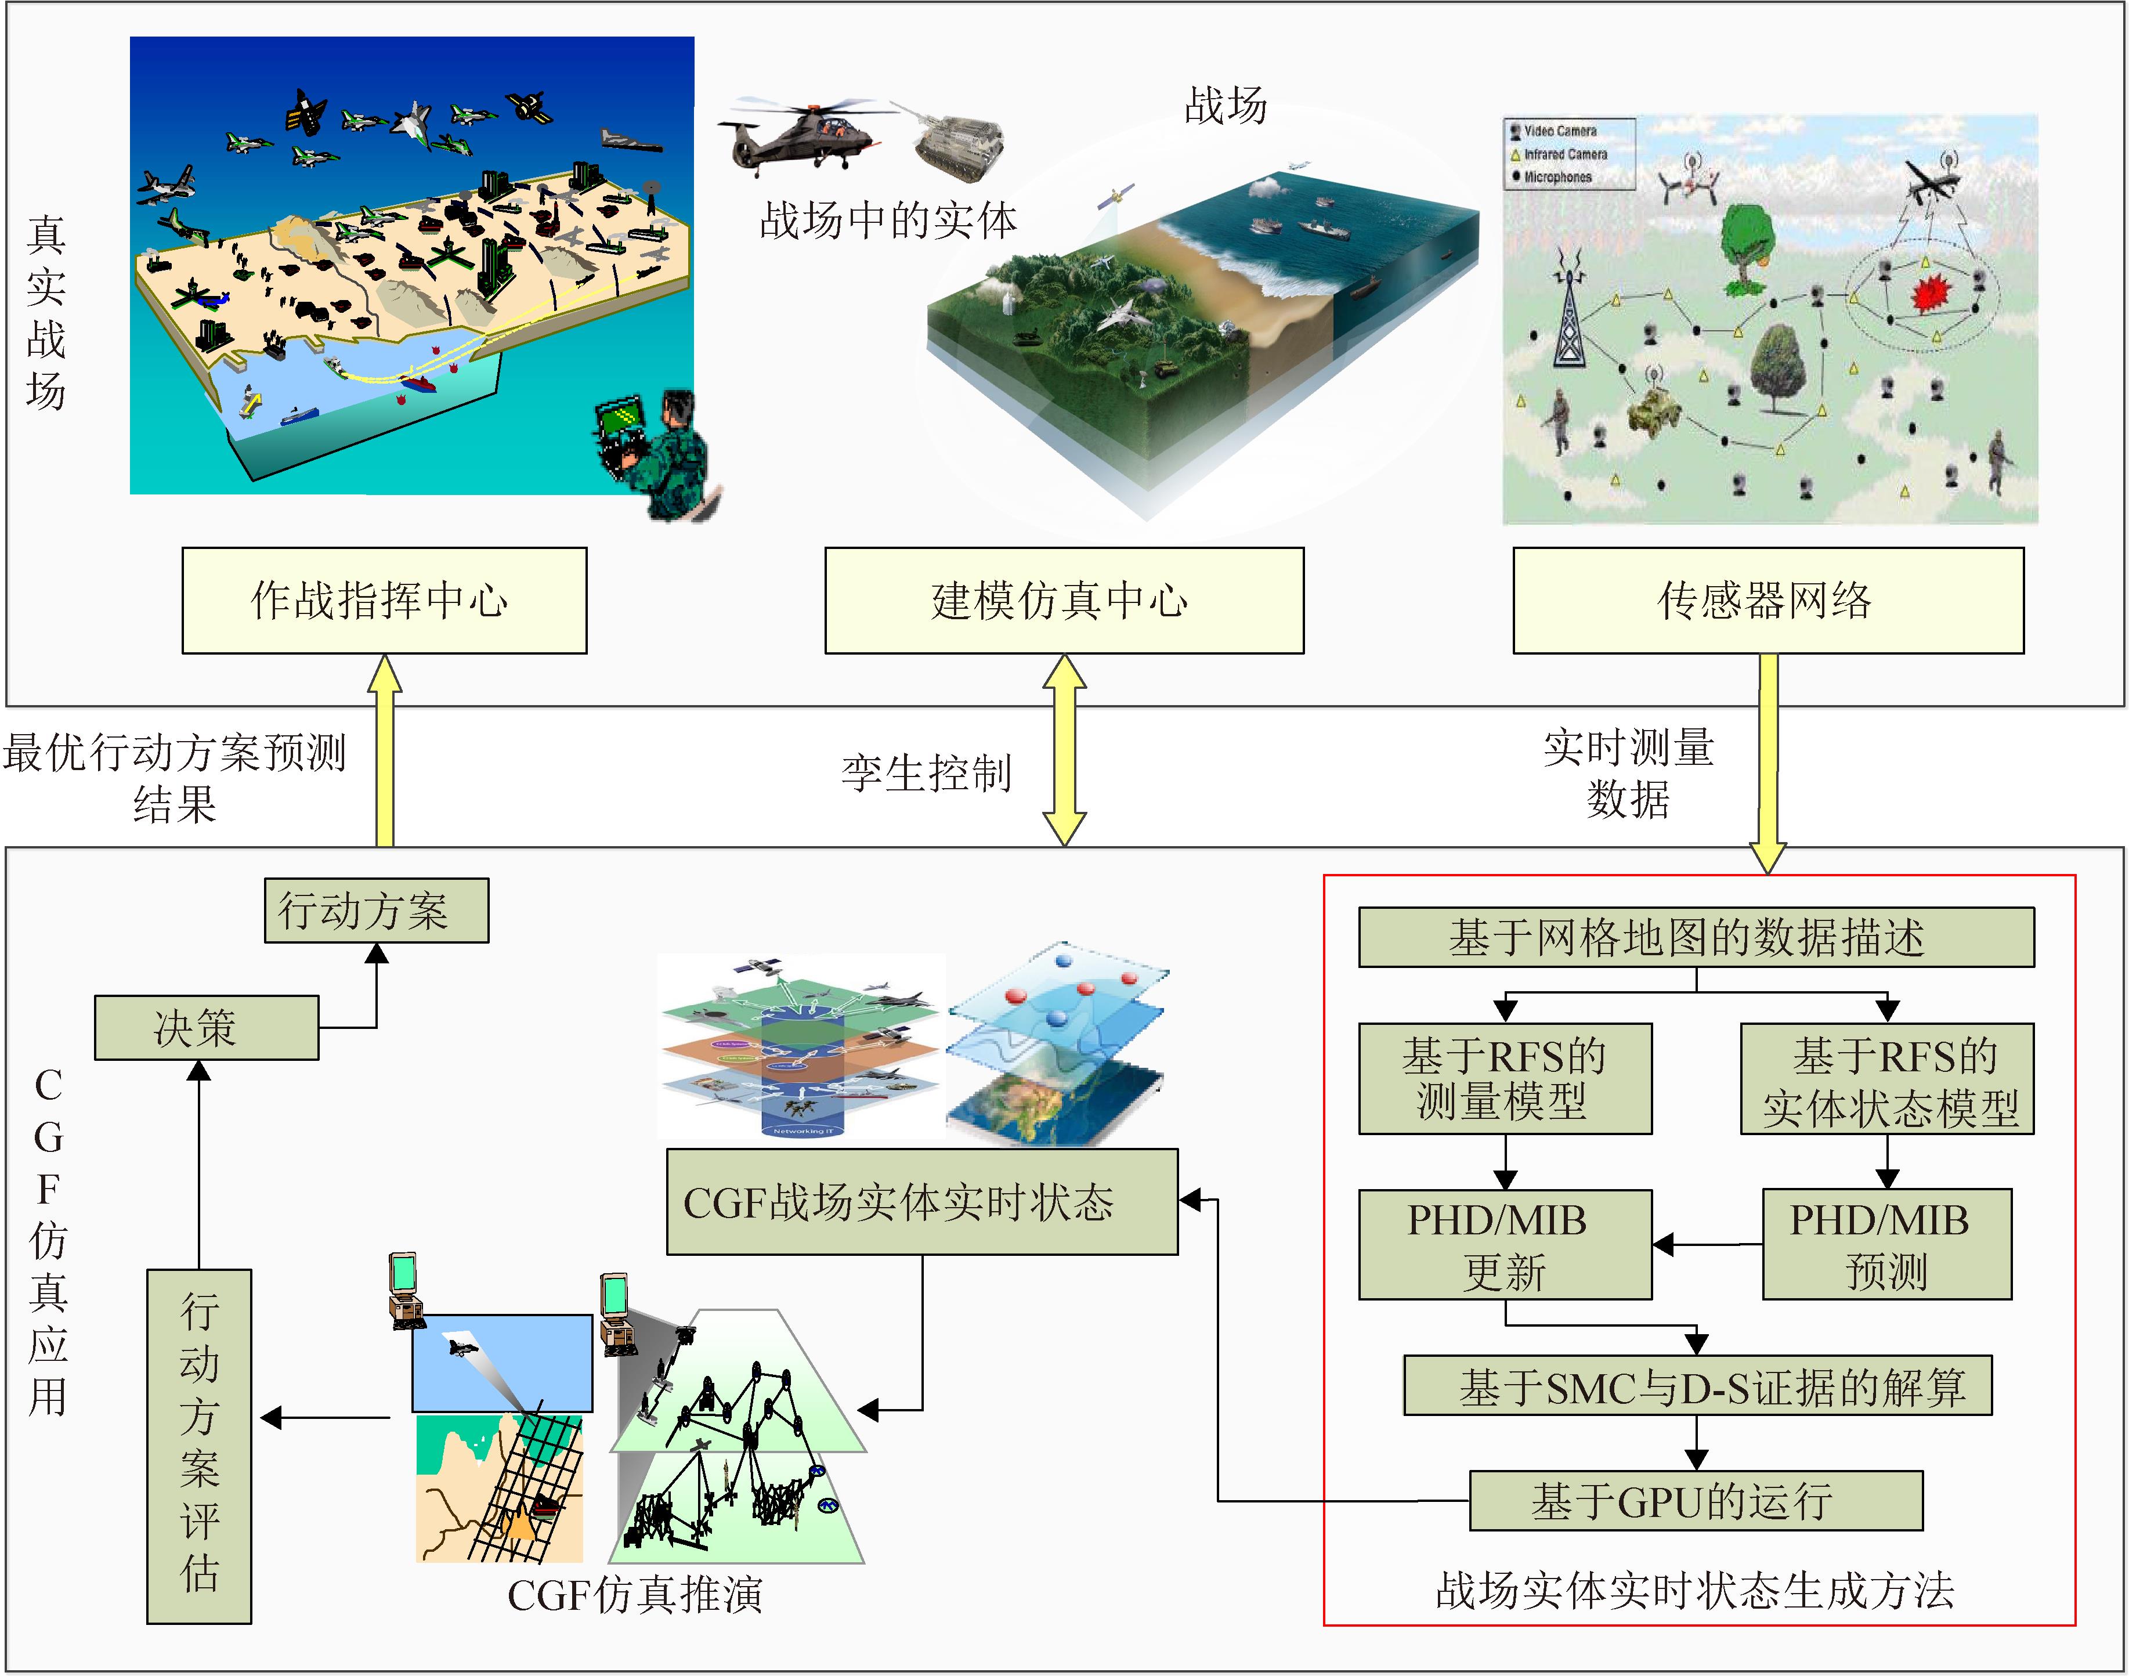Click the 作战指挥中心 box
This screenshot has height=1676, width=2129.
coord(384,601)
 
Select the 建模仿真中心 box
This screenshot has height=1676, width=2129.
coord(1064,601)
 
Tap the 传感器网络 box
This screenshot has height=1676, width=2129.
coord(1767,601)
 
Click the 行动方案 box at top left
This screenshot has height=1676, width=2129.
coord(376,911)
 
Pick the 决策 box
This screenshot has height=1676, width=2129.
coord(206,1027)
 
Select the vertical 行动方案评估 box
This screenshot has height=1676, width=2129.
coord(199,1446)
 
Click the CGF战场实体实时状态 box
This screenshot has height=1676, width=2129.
coord(921,1202)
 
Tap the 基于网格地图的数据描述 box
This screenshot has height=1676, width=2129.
coord(1696,937)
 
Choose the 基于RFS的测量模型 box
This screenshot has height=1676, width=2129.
coord(1504,1078)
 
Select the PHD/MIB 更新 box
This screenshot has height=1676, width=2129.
coord(1504,1244)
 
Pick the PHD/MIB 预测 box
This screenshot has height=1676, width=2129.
coord(1886,1244)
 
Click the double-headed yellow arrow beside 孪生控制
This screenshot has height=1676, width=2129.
coord(1064,751)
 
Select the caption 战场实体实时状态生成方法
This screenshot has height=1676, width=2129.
coord(1694,1591)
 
